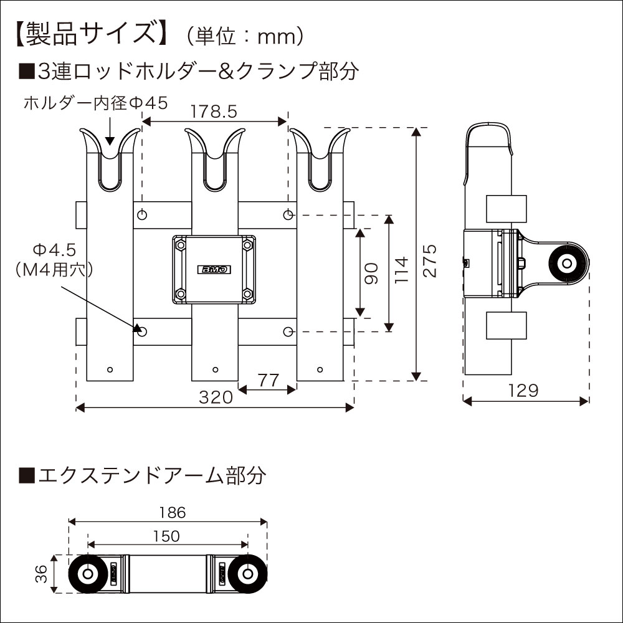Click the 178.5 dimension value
coord(214,112)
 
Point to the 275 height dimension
coord(429,260)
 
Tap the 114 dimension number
coord(402,270)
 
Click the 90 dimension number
coord(372,273)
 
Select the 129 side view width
coord(523,391)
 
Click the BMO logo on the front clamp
coord(215,270)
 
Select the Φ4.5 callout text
coord(54,250)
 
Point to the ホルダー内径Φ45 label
coord(95,103)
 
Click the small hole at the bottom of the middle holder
coord(215,369)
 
